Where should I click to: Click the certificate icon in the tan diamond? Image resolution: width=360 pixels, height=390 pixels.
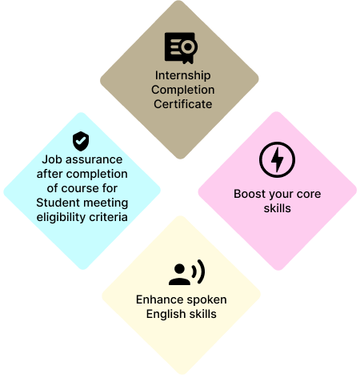(x=181, y=48)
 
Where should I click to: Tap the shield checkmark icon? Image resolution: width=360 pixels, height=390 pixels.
(x=81, y=141)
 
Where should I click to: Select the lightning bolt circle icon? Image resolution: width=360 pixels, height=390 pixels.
(x=277, y=159)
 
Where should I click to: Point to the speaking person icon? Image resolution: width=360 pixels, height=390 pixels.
(x=186, y=272)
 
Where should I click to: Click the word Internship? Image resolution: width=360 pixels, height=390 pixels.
(x=183, y=75)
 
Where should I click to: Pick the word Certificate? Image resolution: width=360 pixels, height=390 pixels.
(x=183, y=104)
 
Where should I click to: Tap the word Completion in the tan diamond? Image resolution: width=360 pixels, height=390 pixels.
(x=183, y=90)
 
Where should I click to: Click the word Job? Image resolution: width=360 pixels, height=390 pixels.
(x=52, y=159)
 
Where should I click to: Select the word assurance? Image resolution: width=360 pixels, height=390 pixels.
(x=94, y=160)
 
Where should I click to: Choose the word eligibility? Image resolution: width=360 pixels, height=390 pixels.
(x=61, y=217)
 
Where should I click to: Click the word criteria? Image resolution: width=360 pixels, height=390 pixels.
(x=108, y=217)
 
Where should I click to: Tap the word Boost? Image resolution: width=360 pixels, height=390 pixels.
(x=250, y=194)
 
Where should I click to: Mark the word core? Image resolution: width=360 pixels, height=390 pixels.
(x=309, y=195)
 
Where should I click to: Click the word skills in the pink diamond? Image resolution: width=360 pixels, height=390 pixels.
(x=278, y=208)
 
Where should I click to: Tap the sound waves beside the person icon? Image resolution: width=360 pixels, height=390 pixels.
(x=198, y=271)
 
